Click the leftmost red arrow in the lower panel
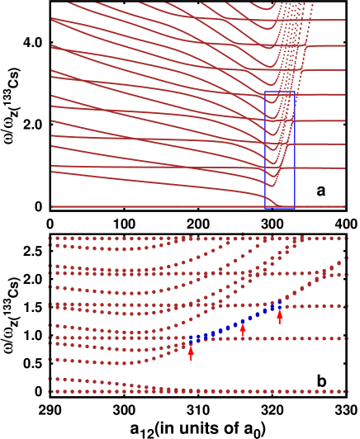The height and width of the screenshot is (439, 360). pos(191,352)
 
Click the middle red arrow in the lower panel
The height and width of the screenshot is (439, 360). pos(243,330)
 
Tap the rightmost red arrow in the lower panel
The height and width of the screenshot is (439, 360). pos(279,316)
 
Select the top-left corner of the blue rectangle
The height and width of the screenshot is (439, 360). pos(265,92)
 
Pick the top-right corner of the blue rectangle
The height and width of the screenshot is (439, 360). pos(295,92)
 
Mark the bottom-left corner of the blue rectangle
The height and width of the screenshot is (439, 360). pos(265,208)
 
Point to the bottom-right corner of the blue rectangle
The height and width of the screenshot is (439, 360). pos(295,208)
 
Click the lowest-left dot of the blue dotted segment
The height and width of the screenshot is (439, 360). pos(191,339)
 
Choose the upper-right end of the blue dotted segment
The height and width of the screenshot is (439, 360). pos(279,303)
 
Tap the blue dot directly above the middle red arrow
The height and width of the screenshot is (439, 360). pos(243,319)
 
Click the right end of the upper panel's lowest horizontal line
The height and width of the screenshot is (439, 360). pos(345,206)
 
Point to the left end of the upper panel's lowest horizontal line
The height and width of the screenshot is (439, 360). pos(51,206)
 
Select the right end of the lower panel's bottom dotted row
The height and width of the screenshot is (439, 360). pos(345,391)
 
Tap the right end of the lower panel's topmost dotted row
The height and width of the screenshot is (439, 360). pos(345,238)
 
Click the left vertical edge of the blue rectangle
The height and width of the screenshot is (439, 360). pos(265,149)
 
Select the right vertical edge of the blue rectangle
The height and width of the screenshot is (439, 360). pos(295,149)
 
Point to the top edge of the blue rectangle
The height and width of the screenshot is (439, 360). pos(280,92)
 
